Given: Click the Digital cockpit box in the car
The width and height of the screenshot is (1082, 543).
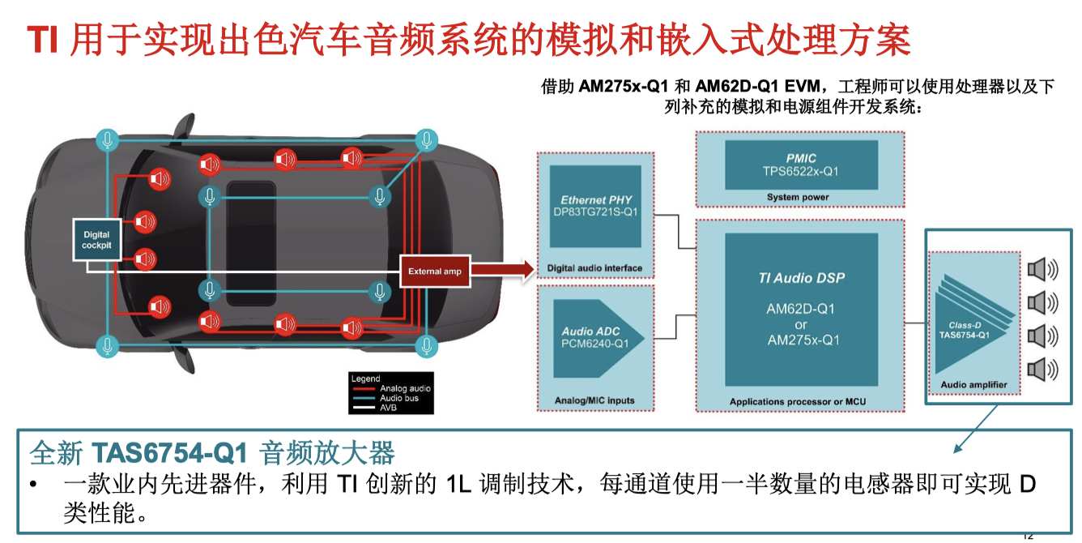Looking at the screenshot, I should click(96, 239).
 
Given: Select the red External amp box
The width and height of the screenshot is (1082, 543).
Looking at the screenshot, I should click(435, 271).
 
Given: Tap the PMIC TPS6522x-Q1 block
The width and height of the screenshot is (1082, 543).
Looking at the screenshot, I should click(800, 165).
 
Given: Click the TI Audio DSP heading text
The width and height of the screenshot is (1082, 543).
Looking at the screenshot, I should click(800, 278).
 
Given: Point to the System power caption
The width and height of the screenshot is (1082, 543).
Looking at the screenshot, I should click(798, 197).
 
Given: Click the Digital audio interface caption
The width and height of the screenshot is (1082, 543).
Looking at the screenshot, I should click(594, 268).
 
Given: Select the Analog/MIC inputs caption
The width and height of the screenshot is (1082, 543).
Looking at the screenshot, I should click(594, 400).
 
